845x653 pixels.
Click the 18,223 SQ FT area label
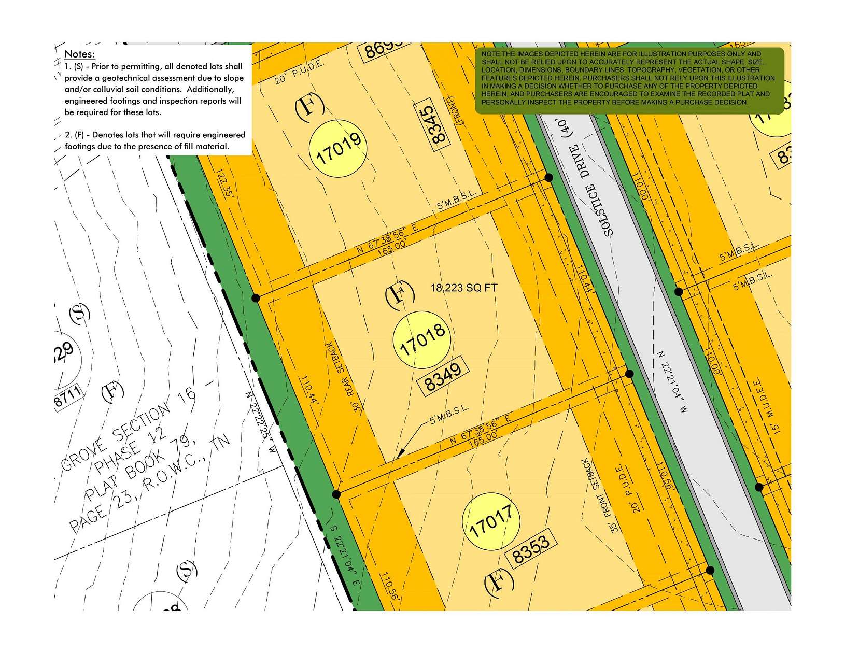point(463,288)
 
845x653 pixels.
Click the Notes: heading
point(79,54)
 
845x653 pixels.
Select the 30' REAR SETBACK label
point(345,376)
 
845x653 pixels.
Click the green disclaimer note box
point(629,80)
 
